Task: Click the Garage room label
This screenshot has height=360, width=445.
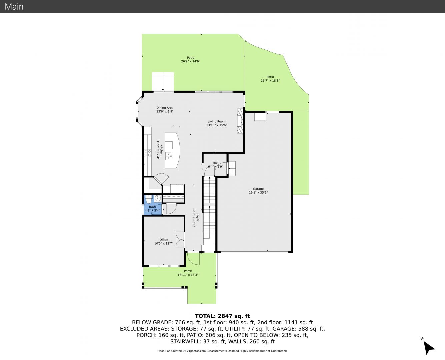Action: (258, 189)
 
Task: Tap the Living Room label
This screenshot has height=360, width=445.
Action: (216, 121)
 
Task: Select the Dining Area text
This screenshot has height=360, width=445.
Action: (165, 108)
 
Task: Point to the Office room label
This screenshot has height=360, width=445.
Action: (164, 240)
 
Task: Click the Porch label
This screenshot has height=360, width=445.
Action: (188, 271)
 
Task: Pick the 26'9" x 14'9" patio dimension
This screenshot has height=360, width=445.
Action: (191, 61)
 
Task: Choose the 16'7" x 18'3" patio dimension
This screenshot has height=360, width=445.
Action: (270, 81)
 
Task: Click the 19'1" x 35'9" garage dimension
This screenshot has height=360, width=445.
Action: (258, 193)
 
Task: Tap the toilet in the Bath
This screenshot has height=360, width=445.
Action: (149, 199)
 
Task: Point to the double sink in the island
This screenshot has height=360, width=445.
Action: (168, 156)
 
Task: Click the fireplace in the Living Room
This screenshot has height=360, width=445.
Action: (240, 121)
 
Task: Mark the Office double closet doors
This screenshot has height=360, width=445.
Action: (180, 240)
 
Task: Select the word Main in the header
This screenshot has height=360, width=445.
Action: (14, 7)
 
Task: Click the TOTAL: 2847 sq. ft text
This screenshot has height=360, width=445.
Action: (222, 316)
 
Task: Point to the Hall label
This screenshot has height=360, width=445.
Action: (216, 163)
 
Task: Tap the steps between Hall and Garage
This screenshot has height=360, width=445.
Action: (232, 168)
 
